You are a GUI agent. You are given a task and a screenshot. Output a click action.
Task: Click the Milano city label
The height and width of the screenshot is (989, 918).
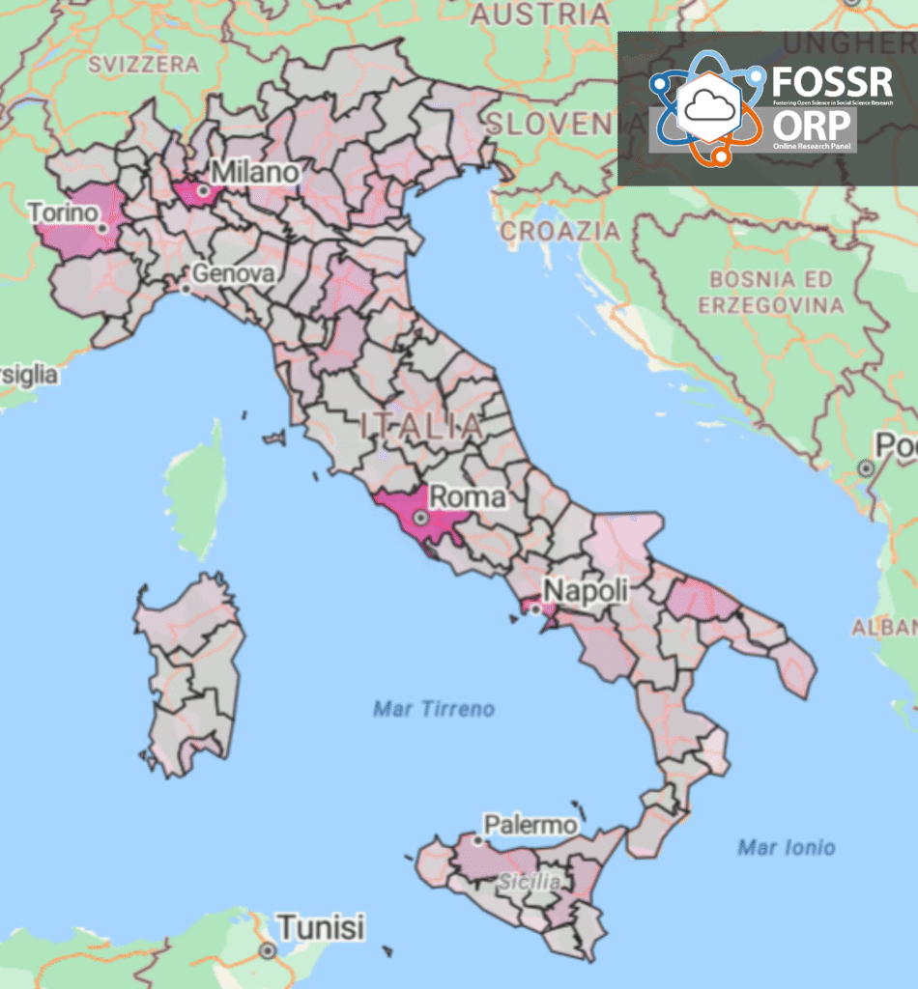point(255,172)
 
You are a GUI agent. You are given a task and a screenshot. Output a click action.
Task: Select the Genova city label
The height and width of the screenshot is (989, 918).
point(233,273)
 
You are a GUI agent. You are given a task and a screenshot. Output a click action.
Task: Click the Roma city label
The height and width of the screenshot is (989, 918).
point(467,497)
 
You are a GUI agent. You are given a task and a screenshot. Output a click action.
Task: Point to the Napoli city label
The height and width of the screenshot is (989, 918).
point(586,589)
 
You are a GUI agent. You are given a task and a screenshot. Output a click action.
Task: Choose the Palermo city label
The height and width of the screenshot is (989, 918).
point(531,825)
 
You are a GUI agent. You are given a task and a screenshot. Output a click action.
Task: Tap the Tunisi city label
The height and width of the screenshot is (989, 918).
point(322,928)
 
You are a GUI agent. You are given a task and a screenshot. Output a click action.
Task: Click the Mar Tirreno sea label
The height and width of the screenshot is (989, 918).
point(434,710)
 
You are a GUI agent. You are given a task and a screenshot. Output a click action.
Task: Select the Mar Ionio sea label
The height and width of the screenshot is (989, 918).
point(787,848)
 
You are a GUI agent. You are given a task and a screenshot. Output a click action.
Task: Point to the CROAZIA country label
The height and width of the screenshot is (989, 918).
point(560,232)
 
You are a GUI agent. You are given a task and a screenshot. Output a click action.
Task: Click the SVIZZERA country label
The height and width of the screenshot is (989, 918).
point(143,65)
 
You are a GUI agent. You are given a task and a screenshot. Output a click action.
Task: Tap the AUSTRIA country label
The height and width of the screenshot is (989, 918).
point(540,14)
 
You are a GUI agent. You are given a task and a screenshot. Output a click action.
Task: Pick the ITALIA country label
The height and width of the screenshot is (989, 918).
point(420,425)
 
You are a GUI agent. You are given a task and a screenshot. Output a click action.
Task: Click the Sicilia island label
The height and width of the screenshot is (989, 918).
point(530,882)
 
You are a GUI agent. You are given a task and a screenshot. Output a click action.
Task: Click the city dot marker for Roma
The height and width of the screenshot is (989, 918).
point(421,518)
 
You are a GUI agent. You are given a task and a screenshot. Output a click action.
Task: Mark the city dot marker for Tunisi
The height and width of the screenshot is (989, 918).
point(267,951)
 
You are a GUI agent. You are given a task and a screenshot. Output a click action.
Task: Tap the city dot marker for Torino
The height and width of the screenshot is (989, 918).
point(101,228)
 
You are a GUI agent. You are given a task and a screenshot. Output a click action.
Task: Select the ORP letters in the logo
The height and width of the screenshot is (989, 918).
point(812,125)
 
